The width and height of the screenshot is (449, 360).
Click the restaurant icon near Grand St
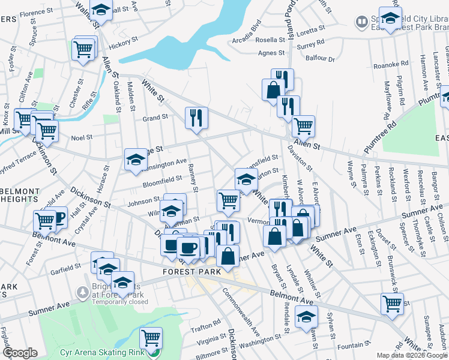196,118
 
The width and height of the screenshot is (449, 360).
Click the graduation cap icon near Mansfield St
246,179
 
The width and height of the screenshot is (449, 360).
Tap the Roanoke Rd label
391,65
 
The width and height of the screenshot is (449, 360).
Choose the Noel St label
82,137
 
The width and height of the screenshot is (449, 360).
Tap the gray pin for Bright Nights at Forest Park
82,292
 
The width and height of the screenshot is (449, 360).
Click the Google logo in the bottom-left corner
19,353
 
